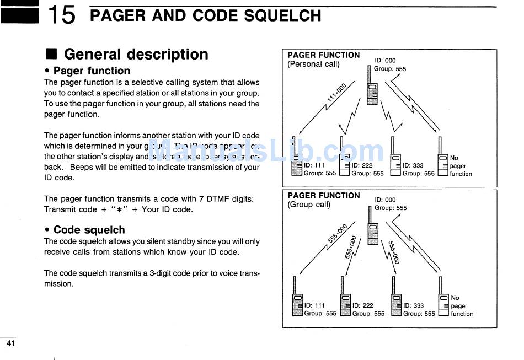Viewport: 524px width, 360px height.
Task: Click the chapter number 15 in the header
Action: pos(61,15)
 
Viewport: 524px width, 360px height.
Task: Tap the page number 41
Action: pos(10,343)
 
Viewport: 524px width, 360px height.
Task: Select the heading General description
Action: pos(136,54)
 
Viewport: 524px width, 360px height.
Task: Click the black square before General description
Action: pos(51,54)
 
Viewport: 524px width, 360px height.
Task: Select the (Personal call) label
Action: pos(313,64)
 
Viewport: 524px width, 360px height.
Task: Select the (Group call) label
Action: pos(309,205)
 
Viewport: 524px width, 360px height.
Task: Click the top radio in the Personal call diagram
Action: pos(372,91)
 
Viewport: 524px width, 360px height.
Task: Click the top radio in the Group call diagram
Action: pos(373,230)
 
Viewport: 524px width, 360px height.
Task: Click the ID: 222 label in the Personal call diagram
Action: pos(362,165)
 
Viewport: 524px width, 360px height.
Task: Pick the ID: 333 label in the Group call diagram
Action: pos(414,305)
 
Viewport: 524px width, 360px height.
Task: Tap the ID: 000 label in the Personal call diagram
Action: pos(385,61)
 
